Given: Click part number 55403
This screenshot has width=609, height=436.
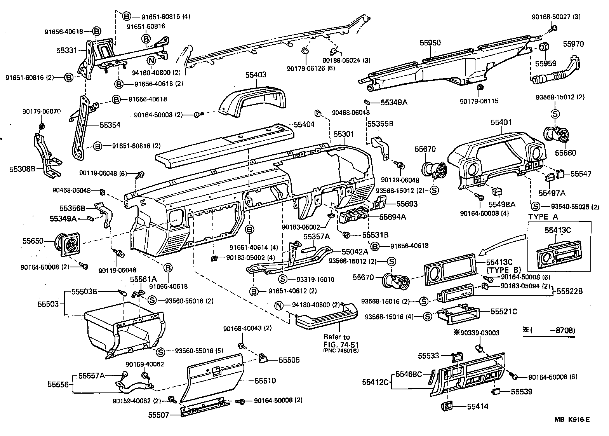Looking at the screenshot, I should (x=256, y=75).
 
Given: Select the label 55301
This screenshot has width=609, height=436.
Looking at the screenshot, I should (x=344, y=134).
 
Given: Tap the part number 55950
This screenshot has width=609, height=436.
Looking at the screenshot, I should (x=430, y=43).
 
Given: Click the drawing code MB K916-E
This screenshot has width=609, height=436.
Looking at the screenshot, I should (x=572, y=419).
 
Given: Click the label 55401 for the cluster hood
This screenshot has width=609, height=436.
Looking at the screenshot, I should (x=501, y=122).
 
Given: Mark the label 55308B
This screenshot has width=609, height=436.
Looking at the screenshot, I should (x=22, y=169).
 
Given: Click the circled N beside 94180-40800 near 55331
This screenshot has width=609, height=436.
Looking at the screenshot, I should (x=151, y=60).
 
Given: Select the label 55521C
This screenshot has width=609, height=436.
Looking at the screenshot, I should (x=504, y=311).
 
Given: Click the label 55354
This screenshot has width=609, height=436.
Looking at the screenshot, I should (x=110, y=125).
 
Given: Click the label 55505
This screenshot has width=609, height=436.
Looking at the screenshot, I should (x=289, y=360).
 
